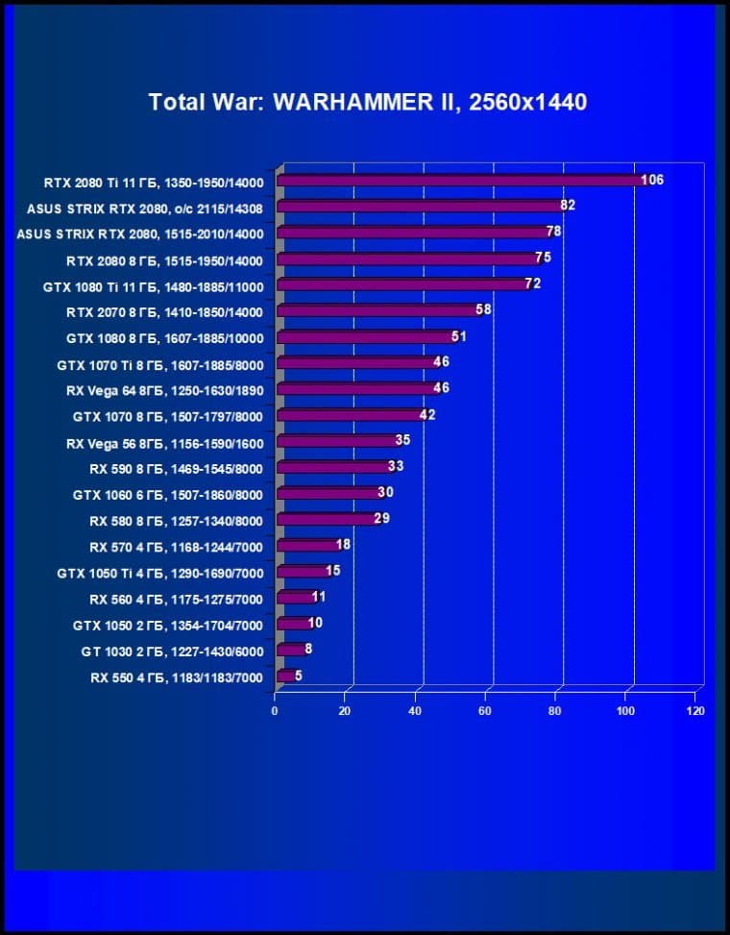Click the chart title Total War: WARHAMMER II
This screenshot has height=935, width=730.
367,102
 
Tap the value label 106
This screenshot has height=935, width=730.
652,180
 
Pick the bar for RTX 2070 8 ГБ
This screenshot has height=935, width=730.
377,311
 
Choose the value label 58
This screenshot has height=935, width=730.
483,309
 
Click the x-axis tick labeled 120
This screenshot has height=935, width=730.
695,711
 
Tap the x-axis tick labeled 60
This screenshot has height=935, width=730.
485,711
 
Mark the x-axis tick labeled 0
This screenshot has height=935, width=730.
275,711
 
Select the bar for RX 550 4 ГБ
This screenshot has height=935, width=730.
285,677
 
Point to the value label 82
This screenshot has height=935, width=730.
568,206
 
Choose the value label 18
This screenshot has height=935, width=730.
343,545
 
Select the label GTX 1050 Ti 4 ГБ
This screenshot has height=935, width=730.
159,573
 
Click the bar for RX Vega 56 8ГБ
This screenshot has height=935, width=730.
337,442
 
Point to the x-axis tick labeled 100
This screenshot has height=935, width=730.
625,711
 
